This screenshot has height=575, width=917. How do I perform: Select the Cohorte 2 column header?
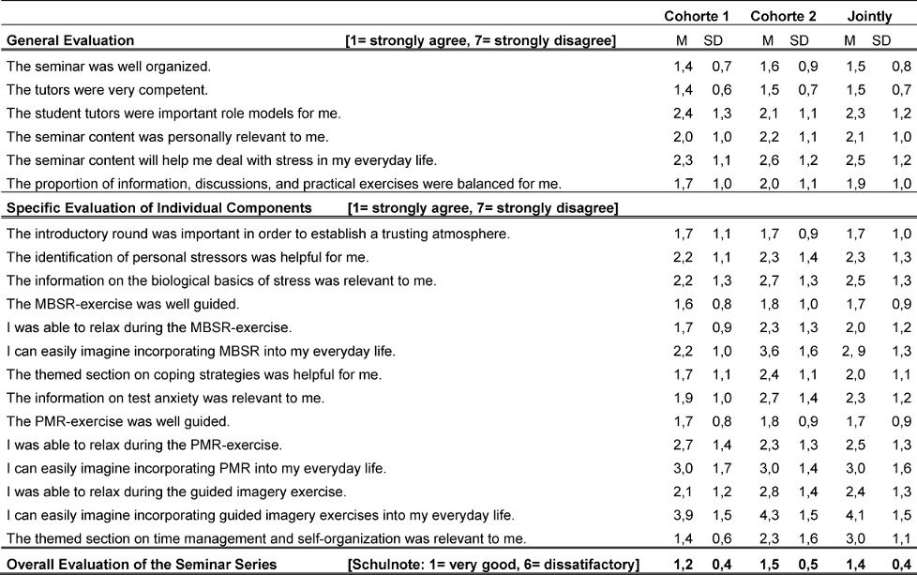pyautogui.click(x=782, y=16)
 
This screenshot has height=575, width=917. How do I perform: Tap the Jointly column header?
pyautogui.click(x=868, y=16)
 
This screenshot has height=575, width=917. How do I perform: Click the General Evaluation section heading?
pyautogui.click(x=69, y=40)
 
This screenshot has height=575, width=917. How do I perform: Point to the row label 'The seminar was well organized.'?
pyautogui.click(x=109, y=67)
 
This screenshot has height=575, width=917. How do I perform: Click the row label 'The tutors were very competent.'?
pyautogui.click(x=107, y=90)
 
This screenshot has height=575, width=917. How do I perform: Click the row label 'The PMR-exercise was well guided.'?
pyautogui.click(x=117, y=421)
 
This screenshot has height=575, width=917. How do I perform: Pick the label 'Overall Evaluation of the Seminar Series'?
pyautogui.click(x=142, y=564)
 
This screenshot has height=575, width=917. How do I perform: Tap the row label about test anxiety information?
pyautogui.click(x=165, y=398)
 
